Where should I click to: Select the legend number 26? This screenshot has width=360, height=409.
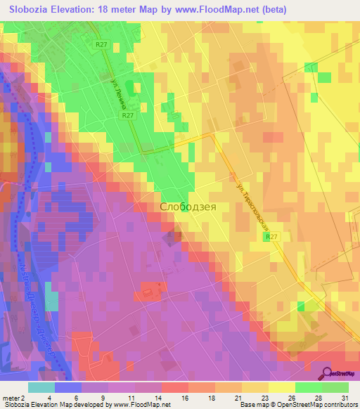pyautogui.click(x=295, y=397)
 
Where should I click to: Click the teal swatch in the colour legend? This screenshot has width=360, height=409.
pyautogui.click(x=41, y=387)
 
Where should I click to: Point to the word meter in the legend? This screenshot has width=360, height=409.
pyautogui.click(x=12, y=397)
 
